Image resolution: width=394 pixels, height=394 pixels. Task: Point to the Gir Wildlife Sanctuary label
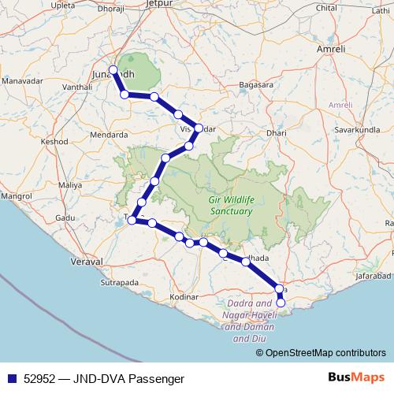coord(229,206)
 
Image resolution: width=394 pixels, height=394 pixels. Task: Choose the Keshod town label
coord(54,142)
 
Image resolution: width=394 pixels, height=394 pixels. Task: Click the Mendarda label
coord(110,134)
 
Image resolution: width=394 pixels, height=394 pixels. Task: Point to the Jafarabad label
coord(373,277)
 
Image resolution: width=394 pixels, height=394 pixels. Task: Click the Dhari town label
coord(277,134)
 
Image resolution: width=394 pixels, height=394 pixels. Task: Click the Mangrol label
coord(15,194)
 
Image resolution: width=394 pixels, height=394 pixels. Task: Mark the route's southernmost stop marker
coord(281,302)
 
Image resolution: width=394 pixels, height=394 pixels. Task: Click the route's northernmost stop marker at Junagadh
coord(113,69)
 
